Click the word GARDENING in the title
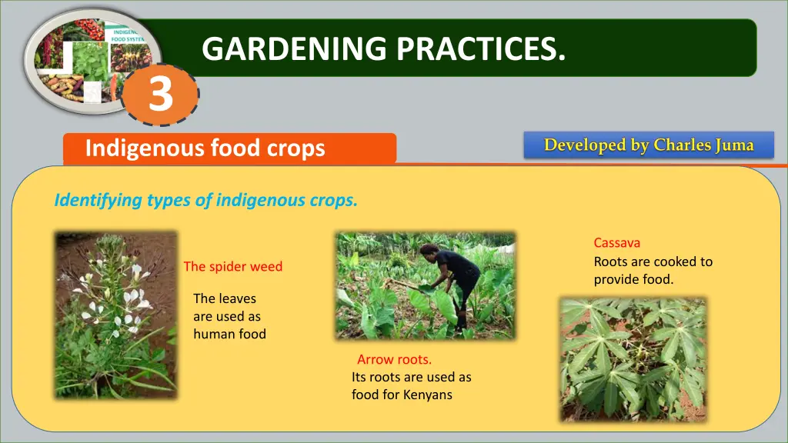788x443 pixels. click(x=294, y=48)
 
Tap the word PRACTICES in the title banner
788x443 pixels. click(x=481, y=48)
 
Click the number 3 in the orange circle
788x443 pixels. click(x=161, y=94)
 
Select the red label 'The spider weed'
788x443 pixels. click(x=232, y=266)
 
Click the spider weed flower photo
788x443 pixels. click(x=116, y=315)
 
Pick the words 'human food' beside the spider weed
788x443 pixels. click(x=229, y=334)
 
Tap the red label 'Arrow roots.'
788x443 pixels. click(x=395, y=360)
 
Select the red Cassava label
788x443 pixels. click(x=617, y=243)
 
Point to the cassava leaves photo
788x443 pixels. click(x=633, y=360)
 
